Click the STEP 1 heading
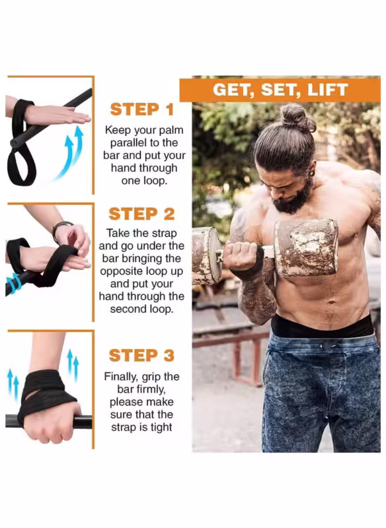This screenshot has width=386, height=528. point(142,110)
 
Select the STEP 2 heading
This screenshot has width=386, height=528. point(142,214)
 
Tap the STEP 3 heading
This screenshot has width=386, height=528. point(142,355)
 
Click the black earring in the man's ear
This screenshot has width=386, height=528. point(312,174)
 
